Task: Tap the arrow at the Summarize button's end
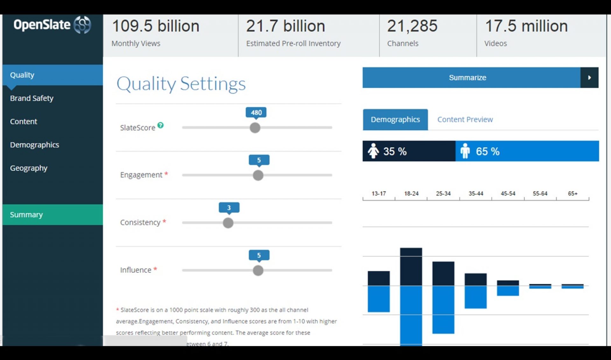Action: coord(589,78)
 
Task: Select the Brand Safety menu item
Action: coord(32,98)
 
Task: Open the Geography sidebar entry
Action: coord(29,168)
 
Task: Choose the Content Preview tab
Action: coord(465,120)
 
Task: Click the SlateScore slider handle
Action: coord(255,128)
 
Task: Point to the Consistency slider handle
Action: coord(228,223)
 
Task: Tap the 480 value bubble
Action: coord(256,113)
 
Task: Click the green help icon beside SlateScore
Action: coord(161,125)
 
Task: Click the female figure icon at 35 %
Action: coord(373,151)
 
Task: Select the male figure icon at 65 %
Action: coord(465,151)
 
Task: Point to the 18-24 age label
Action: coord(411,194)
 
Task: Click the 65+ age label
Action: coord(572,194)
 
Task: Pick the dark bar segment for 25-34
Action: coord(443,274)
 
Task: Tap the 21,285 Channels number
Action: coord(412,26)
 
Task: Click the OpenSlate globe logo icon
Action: coord(82,25)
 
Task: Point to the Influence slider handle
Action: coord(258,271)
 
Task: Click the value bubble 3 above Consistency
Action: coord(229,208)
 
